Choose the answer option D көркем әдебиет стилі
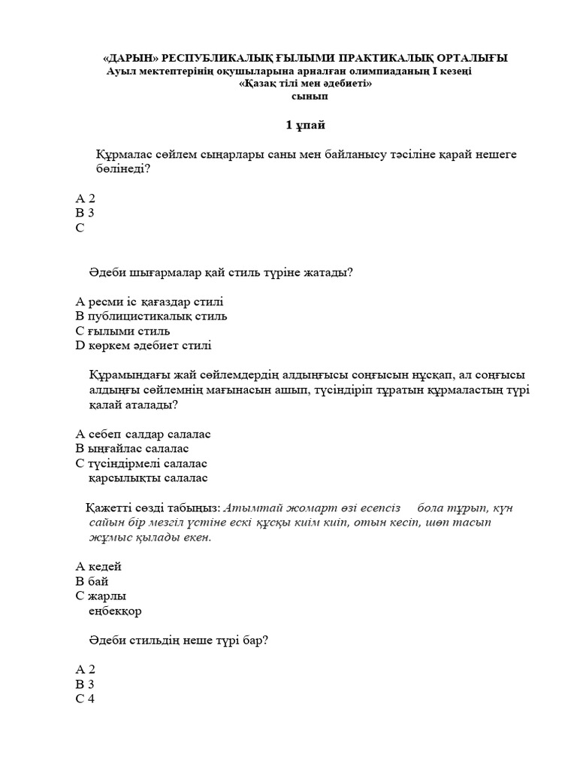pos(143,346)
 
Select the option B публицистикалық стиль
pos(151,317)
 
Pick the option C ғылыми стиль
pos(122,331)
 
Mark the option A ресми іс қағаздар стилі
pos(150,302)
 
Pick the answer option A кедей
pos(98,566)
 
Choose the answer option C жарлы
pos(100,596)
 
